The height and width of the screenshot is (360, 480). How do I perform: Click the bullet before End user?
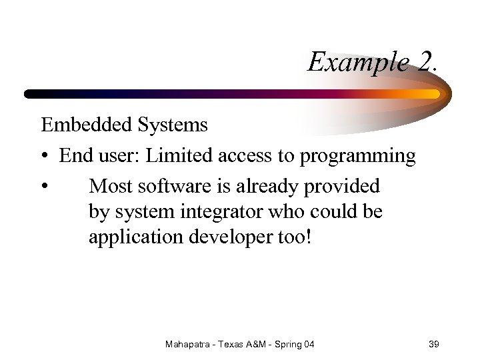tap(45, 157)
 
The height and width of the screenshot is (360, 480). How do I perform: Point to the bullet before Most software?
tap(45, 186)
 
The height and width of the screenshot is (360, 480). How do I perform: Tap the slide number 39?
tap(433, 344)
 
